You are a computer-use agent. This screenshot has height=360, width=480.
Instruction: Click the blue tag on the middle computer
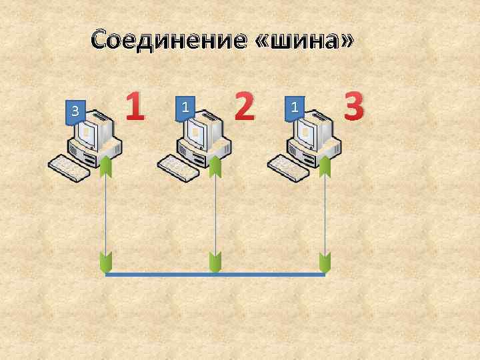(x=185, y=107)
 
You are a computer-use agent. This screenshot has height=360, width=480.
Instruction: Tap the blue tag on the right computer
(x=294, y=107)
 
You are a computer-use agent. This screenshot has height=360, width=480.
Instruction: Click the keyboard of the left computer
(x=70, y=167)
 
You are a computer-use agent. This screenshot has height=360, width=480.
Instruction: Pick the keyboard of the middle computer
(x=179, y=167)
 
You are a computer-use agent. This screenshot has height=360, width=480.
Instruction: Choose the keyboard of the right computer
(x=288, y=167)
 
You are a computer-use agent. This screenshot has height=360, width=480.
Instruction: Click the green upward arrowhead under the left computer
(x=106, y=166)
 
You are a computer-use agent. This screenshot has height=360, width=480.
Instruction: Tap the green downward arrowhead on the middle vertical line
(x=215, y=262)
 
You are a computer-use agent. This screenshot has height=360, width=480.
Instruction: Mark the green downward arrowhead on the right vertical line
(x=325, y=262)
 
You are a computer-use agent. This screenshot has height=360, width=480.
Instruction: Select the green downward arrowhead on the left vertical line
(x=106, y=262)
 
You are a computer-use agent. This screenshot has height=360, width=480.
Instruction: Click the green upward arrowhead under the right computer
(x=325, y=166)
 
